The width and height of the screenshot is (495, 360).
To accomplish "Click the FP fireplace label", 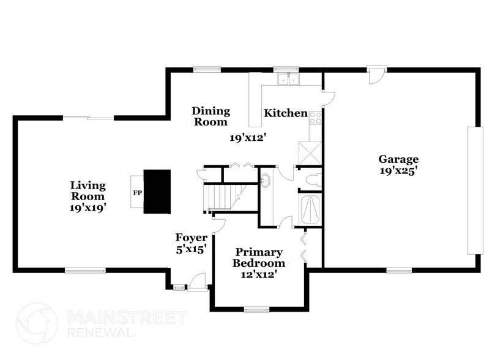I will pos(137,192).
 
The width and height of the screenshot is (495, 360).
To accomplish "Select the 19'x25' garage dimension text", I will pos(398,171).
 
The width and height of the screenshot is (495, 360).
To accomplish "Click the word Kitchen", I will pos(285,113).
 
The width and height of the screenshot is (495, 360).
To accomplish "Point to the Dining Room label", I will pos(210,116).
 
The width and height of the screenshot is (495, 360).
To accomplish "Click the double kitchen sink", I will pos(288,79).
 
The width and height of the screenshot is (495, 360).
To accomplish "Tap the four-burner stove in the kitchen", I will pos(316,117).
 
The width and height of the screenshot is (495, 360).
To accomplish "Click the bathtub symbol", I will pos(310,209).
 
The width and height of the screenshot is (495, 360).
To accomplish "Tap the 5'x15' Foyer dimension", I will pos(192,249).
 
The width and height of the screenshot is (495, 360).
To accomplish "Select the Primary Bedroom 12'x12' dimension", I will pos(259,274).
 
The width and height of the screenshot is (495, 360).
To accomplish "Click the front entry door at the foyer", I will pos(198,283).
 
